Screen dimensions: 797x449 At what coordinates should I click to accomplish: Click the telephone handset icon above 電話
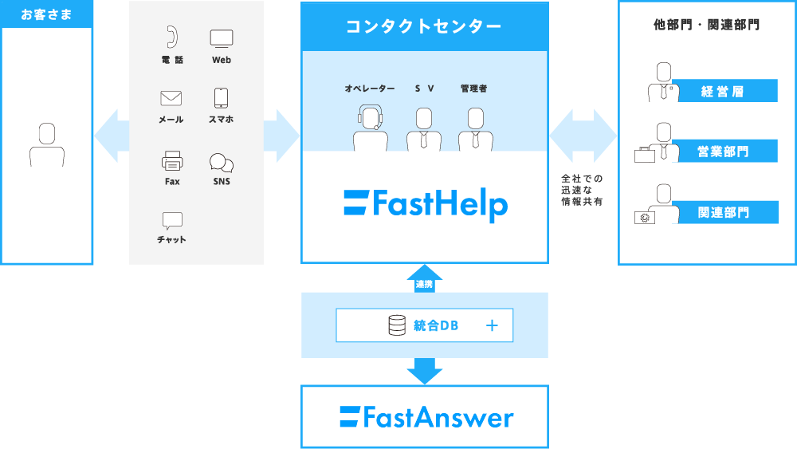(x=172, y=37)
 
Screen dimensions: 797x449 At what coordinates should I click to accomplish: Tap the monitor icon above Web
(x=222, y=38)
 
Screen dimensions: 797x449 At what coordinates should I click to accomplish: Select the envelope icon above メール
(x=171, y=98)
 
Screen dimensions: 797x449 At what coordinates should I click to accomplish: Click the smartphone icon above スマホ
(x=221, y=98)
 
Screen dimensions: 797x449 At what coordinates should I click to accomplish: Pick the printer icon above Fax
(x=172, y=160)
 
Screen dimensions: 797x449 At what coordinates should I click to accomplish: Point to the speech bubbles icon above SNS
(x=222, y=163)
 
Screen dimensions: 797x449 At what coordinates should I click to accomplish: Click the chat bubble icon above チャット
(x=172, y=221)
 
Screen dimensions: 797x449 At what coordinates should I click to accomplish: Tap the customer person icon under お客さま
(x=47, y=145)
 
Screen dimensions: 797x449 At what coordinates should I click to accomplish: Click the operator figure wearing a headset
(x=371, y=128)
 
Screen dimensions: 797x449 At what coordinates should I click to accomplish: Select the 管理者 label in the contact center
(x=473, y=89)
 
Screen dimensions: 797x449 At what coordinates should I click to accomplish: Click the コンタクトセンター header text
(x=423, y=26)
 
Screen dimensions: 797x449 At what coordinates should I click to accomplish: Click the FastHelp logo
(x=426, y=204)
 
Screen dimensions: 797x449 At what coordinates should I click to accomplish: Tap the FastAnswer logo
(x=426, y=417)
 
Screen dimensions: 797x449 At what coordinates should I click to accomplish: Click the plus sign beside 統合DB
(x=492, y=325)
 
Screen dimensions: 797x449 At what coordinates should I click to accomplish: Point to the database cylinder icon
(x=397, y=325)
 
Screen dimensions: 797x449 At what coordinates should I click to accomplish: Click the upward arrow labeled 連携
(x=425, y=278)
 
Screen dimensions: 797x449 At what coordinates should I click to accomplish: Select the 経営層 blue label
(x=724, y=91)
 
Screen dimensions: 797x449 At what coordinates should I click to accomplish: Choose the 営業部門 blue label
(x=724, y=151)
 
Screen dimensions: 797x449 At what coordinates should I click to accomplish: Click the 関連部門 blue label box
(x=724, y=212)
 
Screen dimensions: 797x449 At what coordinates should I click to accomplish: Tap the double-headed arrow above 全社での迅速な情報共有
(x=583, y=136)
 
